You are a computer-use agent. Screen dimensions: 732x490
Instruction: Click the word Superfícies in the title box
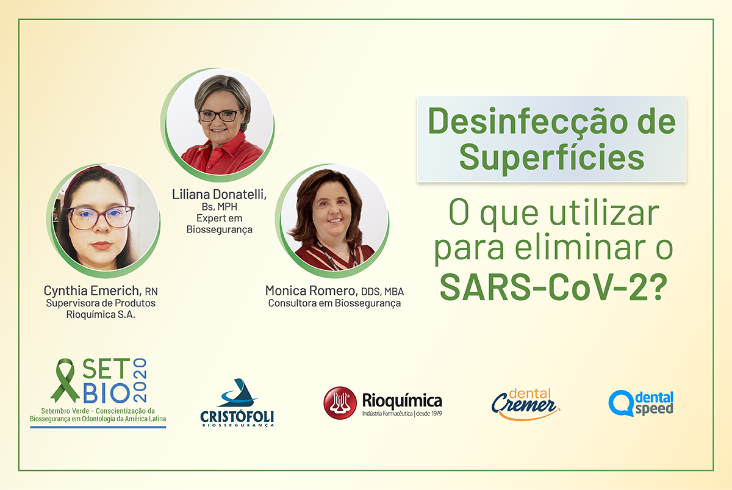tap(551, 157)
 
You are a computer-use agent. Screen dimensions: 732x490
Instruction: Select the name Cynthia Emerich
tap(93, 290)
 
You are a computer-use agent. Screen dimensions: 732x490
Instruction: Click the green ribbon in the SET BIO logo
tap(65, 380)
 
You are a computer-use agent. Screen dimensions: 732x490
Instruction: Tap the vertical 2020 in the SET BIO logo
tap(140, 380)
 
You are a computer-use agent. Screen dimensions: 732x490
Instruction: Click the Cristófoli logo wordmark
tap(237, 417)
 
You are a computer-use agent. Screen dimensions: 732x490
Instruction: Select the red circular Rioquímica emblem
tap(340, 403)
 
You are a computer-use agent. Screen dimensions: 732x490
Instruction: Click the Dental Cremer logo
tap(525, 405)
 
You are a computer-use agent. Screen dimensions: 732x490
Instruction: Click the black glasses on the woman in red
tap(221, 115)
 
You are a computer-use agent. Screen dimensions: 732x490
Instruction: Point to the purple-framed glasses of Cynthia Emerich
tap(100, 217)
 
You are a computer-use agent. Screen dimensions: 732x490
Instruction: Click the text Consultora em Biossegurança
tap(334, 303)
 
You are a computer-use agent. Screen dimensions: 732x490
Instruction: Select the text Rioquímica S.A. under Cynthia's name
tap(101, 314)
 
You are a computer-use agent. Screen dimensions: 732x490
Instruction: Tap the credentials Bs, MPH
tap(219, 207)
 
